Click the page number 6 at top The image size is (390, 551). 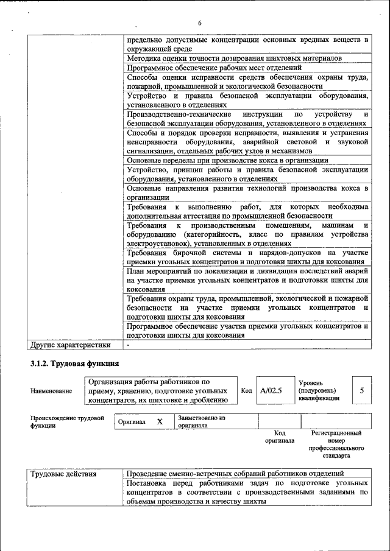coord(199,23)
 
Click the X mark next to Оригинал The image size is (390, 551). coord(160,421)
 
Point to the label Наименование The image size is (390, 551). coord(51,391)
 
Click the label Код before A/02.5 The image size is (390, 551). coord(246,390)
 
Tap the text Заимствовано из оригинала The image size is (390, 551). coord(201,422)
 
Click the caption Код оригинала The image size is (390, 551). coord(280,437)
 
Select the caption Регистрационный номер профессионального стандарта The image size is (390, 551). coord(336,444)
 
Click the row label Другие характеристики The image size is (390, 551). coord(70,345)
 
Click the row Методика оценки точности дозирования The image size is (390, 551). coord(234,58)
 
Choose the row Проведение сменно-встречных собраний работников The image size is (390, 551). coord(235,474)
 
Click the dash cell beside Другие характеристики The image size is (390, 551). coord(129,345)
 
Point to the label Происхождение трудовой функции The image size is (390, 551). coord(67,422)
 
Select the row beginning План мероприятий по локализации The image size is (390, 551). coord(247,279)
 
